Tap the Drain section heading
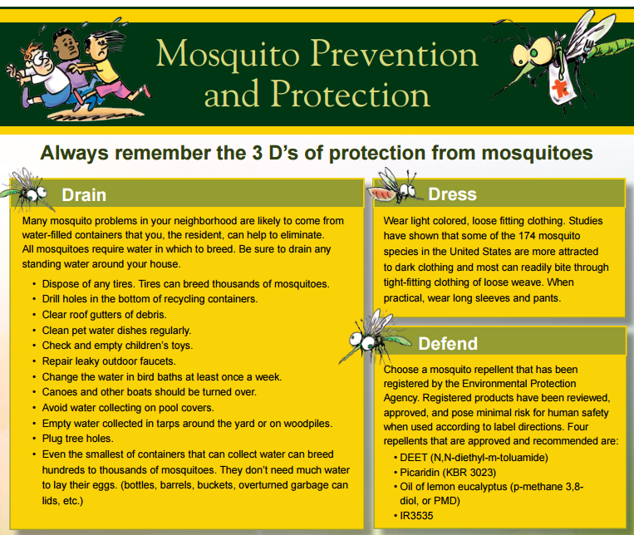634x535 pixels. [84, 195]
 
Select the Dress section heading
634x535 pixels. [452, 194]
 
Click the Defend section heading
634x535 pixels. [448, 343]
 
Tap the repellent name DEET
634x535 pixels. [410, 458]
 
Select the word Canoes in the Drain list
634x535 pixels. [62, 391]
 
